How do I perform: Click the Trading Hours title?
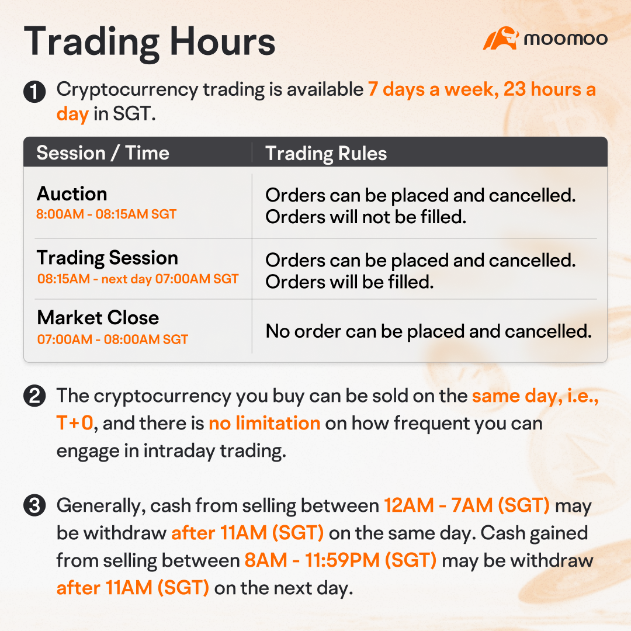click(150, 41)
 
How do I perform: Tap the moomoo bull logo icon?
click(501, 39)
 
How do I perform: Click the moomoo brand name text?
click(566, 39)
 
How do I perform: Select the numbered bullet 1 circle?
click(34, 92)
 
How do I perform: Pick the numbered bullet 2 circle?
click(34, 397)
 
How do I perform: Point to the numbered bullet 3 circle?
click(34, 506)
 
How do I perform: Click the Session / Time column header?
click(103, 153)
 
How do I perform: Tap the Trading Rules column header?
click(326, 153)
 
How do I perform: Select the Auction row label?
click(72, 194)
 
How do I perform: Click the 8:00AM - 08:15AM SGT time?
click(106, 214)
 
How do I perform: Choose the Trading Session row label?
click(108, 258)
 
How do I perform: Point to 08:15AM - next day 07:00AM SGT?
click(138, 279)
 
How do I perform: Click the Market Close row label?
click(98, 318)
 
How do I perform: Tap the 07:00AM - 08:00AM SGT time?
click(113, 339)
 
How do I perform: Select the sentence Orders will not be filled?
click(366, 217)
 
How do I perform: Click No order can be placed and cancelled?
click(428, 331)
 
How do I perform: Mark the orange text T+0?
click(75, 422)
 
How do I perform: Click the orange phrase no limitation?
click(264, 422)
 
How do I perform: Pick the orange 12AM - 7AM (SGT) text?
click(466, 505)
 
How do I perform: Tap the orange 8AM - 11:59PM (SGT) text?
click(340, 560)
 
